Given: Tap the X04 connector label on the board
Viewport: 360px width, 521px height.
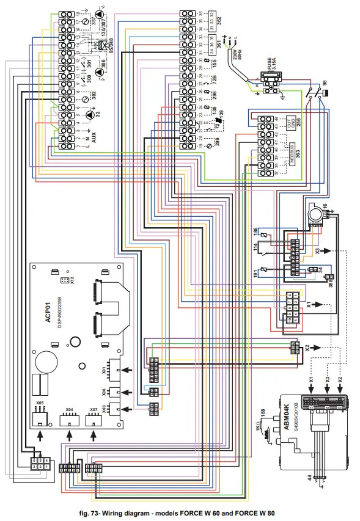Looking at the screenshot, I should pyautogui.click(x=68, y=410).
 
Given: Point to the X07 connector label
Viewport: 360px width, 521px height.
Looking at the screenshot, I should pyautogui.click(x=94, y=410).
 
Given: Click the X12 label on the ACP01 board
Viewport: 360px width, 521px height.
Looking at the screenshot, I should pyautogui.click(x=72, y=282).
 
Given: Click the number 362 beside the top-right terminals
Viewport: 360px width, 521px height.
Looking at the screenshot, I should pyautogui.click(x=219, y=20).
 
